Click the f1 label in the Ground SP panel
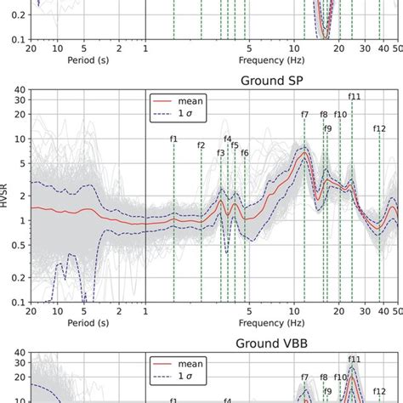(x=173, y=138)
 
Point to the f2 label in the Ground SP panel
(x=201, y=145)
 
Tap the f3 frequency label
(x=221, y=153)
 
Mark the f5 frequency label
(x=236, y=145)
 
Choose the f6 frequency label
(x=245, y=153)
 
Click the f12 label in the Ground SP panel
(x=380, y=129)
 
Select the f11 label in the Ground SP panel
(x=355, y=97)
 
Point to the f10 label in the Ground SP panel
(x=340, y=114)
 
